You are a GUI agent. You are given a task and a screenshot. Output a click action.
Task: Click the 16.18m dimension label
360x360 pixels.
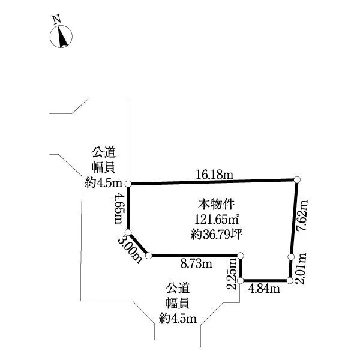click(214, 175)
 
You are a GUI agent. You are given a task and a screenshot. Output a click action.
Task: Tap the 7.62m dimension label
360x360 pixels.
click(302, 215)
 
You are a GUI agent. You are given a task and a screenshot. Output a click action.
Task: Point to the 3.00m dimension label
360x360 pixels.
click(130, 250)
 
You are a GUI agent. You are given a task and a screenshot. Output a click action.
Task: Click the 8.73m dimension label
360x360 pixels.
click(196, 264)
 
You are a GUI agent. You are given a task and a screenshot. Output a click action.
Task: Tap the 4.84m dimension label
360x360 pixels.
click(264, 289)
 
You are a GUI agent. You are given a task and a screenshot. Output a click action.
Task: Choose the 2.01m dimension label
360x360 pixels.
click(301, 268)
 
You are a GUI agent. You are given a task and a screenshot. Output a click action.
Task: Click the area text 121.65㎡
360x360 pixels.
click(217, 220)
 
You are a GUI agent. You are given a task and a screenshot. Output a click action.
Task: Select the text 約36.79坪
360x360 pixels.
click(216, 235)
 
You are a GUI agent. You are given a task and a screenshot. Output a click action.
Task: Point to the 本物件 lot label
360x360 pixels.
click(217, 204)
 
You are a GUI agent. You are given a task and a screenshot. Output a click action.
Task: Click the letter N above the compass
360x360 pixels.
click(57, 19)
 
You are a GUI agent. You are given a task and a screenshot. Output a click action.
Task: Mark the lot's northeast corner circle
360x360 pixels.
click(297, 179)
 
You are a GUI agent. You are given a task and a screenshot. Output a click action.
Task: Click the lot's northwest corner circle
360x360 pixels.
click(128, 184)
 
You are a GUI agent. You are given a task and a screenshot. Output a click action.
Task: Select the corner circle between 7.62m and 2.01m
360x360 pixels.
click(292, 257)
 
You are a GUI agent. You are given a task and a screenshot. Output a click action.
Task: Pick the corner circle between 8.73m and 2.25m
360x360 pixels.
click(241, 256)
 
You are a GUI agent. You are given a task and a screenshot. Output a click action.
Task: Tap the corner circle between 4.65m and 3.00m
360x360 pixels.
click(128, 232)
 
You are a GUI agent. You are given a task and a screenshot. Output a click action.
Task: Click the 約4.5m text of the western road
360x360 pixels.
click(103, 183)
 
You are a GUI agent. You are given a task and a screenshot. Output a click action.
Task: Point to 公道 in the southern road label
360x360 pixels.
click(178, 288)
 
